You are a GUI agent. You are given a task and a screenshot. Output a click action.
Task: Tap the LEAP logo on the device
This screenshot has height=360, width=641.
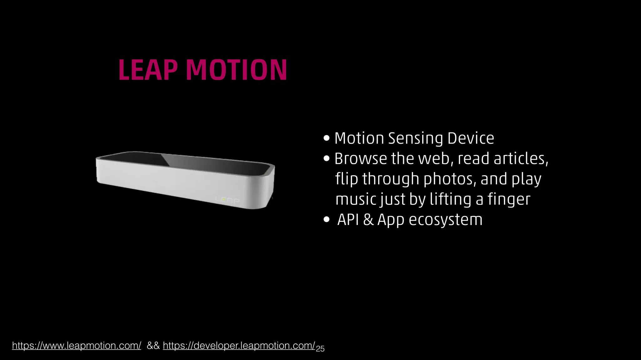[228, 200]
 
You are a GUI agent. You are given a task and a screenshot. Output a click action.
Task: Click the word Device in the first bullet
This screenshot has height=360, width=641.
[471, 138]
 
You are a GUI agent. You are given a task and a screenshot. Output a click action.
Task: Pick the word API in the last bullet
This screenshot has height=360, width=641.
[348, 219]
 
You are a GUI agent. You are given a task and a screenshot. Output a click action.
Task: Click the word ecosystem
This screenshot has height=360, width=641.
[446, 219]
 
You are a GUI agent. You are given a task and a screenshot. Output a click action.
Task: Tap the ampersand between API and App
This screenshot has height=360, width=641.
[368, 219]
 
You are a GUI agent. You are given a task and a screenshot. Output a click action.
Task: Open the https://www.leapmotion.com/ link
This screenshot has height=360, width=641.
[77, 346]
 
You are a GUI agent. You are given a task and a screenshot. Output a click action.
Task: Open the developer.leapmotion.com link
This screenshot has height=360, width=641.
[239, 346]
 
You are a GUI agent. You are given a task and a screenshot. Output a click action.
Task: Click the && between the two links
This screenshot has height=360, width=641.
[153, 346]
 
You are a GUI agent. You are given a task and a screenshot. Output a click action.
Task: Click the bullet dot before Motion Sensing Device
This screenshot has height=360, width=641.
[326, 138]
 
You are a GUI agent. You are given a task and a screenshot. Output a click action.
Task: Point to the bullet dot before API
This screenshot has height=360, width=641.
[326, 220]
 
